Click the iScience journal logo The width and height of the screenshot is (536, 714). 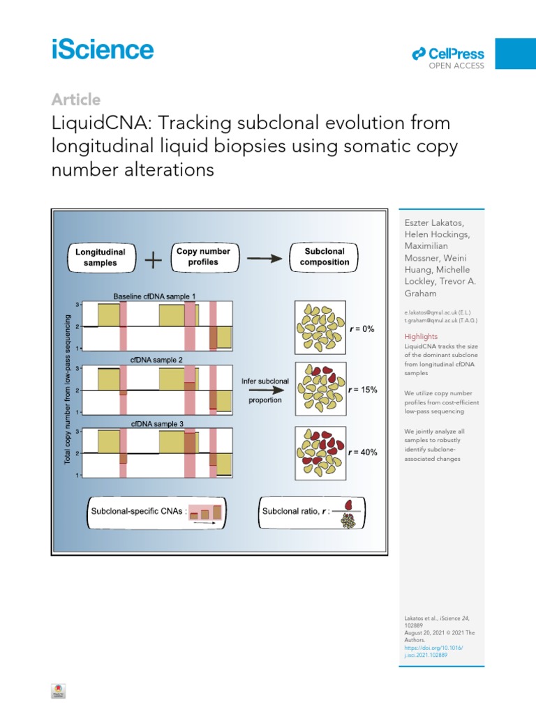[x=102, y=50]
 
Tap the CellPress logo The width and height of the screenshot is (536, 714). [x=448, y=54]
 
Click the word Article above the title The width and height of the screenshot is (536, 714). [x=75, y=100]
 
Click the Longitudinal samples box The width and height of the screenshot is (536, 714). [x=102, y=258]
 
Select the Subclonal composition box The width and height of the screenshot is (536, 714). [x=325, y=257]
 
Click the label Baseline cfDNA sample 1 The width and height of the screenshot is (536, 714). [x=155, y=296]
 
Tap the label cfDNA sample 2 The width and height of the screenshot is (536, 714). [x=155, y=360]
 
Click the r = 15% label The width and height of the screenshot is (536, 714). [x=363, y=390]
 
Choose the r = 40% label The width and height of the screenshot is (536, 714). [x=363, y=453]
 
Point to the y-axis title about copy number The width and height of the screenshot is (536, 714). [x=68, y=389]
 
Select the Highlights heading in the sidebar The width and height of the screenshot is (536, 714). [x=422, y=336]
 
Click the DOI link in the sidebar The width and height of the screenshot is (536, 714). [x=433, y=651]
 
